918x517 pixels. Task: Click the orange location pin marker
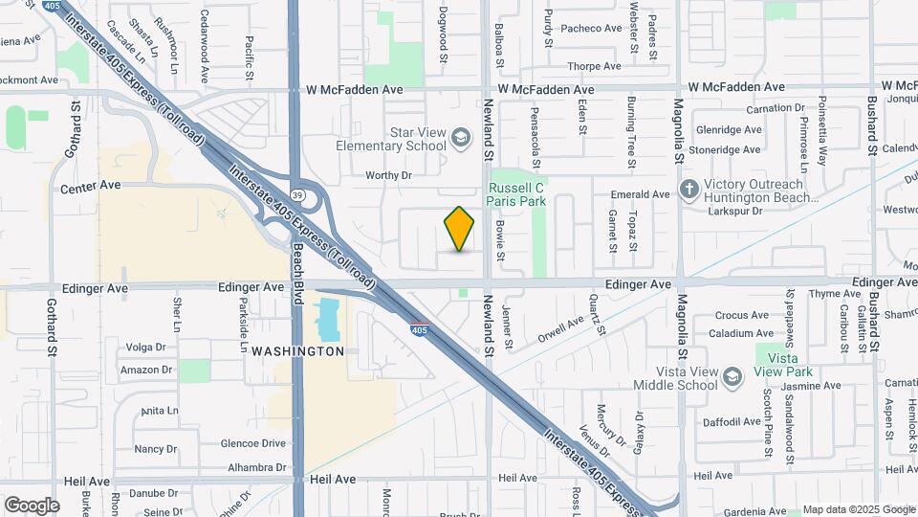pos(460,229)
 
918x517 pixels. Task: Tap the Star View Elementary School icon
pos(462,139)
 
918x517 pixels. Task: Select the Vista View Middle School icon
pos(732,377)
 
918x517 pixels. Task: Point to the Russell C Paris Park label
pos(516,194)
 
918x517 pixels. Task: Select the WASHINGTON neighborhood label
pos(297,351)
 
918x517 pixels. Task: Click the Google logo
pos(32,506)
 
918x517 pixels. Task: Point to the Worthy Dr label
pos(388,175)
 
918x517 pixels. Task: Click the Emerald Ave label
pos(641,194)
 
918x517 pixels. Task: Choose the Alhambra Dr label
pos(253,467)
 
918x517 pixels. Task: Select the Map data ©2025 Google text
pos(858,509)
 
